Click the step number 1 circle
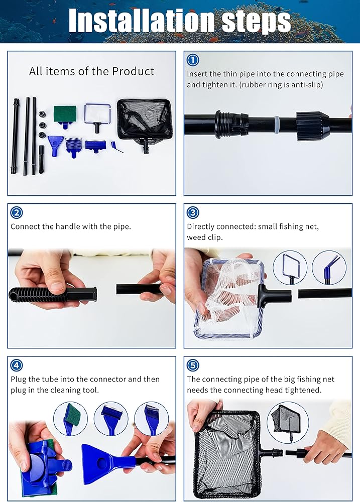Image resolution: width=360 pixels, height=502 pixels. (x=192, y=60)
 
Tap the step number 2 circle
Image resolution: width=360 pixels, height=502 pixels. (x=17, y=212)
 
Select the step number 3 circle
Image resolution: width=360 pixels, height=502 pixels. (x=192, y=212)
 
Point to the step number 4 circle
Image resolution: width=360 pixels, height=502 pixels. (x=17, y=365)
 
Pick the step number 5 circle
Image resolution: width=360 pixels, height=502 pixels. (x=192, y=365)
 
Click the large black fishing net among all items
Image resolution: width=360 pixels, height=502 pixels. (x=145, y=123)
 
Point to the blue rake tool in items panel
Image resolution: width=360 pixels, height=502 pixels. (x=74, y=147)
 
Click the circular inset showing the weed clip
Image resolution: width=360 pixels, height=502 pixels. (x=329, y=268)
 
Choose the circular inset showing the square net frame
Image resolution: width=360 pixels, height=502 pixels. (x=290, y=268)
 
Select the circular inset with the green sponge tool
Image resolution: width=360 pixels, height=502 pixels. (x=70, y=419)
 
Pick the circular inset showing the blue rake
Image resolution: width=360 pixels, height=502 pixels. (x=152, y=419)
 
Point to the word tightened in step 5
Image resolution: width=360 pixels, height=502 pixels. (x=302, y=390)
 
